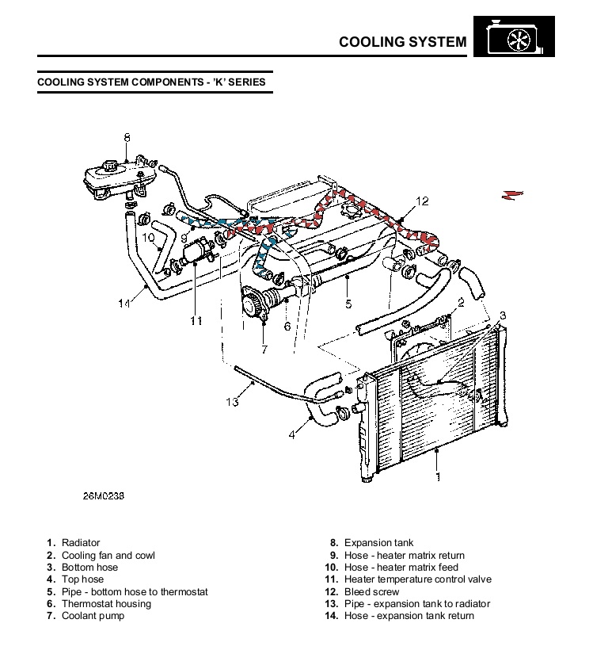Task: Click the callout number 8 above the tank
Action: click(x=127, y=138)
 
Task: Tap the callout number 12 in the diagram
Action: click(x=422, y=201)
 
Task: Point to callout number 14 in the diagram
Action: click(x=124, y=303)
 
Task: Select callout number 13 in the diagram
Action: click(x=232, y=402)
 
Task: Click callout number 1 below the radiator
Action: click(x=437, y=477)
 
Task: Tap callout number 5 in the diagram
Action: click(x=348, y=303)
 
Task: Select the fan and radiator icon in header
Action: click(x=512, y=39)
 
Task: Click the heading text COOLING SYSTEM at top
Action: click(x=402, y=41)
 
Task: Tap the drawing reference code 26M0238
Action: click(x=104, y=496)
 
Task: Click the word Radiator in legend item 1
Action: click(x=81, y=543)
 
